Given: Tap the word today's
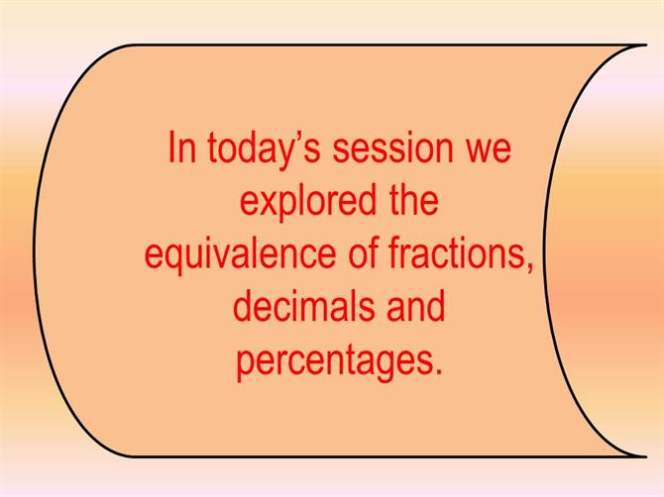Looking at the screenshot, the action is [x=264, y=151].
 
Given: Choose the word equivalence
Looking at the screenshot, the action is [x=240, y=255].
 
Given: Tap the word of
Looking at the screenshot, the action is [x=363, y=252].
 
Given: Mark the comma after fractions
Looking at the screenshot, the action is [x=528, y=267].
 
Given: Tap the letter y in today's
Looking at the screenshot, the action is [x=281, y=156].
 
